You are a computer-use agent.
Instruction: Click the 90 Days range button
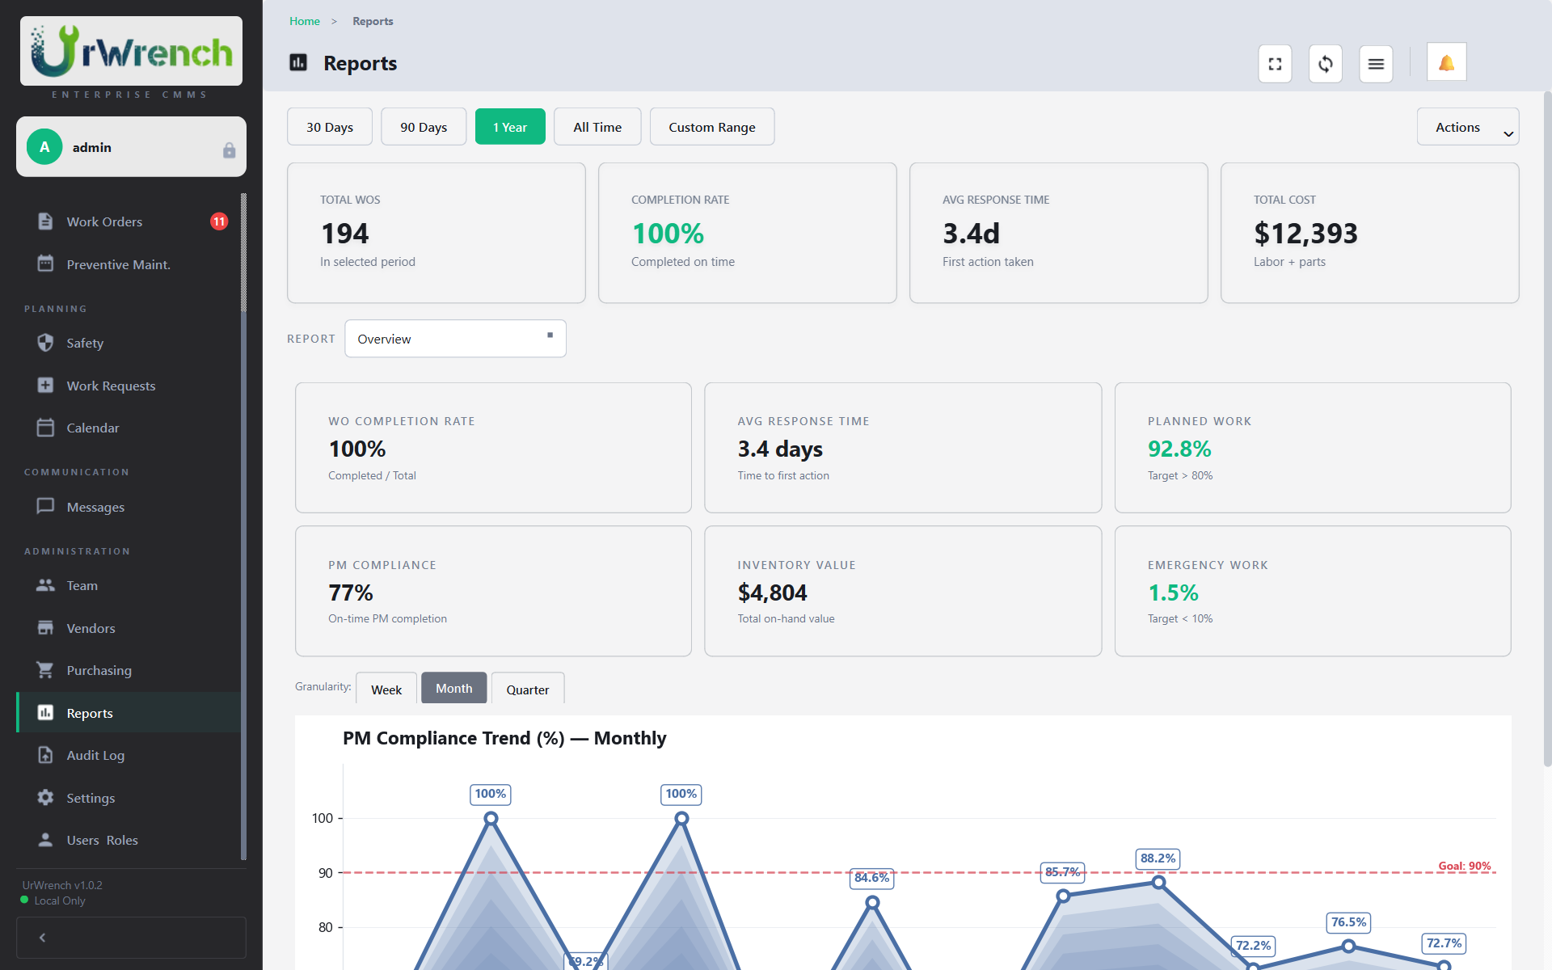click(x=423, y=127)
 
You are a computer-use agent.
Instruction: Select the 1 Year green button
click(x=510, y=127)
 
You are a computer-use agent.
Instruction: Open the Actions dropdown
click(x=1467, y=127)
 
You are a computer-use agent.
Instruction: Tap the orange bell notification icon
click(x=1446, y=63)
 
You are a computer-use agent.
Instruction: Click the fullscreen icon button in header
click(x=1275, y=64)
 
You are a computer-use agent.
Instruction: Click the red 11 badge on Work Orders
click(x=219, y=221)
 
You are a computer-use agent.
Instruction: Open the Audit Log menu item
click(x=95, y=755)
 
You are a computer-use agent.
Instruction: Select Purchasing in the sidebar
click(x=99, y=670)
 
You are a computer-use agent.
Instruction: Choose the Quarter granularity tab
click(x=527, y=690)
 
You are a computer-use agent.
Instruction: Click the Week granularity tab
click(x=386, y=690)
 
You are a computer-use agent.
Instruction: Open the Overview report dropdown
click(x=455, y=339)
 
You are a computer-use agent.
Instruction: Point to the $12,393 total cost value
click(x=1305, y=234)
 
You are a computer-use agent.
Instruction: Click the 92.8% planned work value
click(x=1179, y=449)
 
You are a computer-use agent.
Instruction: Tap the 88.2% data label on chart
click(x=1158, y=858)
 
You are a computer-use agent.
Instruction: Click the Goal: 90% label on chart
click(x=1464, y=866)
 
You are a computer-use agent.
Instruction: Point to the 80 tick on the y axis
click(x=325, y=927)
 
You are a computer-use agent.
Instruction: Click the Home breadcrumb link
click(x=305, y=21)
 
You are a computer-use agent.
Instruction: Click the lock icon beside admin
click(x=229, y=150)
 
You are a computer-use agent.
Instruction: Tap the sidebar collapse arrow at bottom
click(x=42, y=938)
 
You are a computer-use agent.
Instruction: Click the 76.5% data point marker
click(x=1348, y=946)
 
